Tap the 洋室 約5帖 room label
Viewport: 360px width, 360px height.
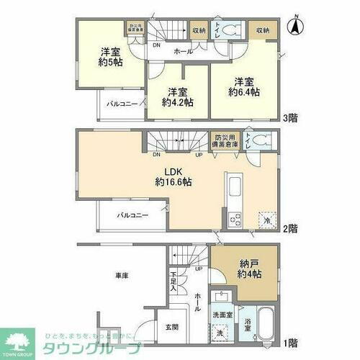[x=110, y=56]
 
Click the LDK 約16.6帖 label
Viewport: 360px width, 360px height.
[x=175, y=177]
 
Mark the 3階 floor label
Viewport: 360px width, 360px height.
[x=291, y=119]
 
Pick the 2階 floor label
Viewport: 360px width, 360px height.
[x=291, y=229]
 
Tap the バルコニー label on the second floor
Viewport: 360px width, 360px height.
[x=133, y=215]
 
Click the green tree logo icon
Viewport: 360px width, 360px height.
[x=19, y=343]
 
